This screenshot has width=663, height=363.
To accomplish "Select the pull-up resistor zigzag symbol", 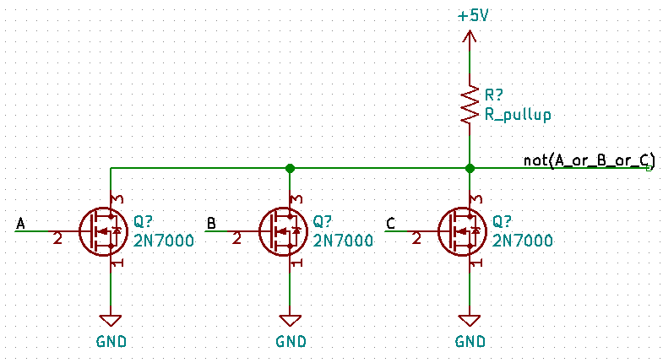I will click(470, 105).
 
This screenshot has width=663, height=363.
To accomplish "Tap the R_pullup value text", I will click(519, 114).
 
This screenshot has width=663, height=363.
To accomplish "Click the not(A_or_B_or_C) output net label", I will click(589, 160).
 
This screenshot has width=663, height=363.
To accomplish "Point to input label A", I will click(21, 223).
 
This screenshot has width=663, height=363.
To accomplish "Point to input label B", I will click(211, 223).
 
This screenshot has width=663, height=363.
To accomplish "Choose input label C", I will click(390, 223).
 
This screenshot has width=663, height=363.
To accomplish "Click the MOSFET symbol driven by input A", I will click(104, 230).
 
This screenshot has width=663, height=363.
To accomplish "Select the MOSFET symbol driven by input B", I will click(283, 230).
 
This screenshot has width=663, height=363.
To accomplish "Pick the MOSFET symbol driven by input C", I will click(463, 230).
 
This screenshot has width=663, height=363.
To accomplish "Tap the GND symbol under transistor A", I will click(111, 322).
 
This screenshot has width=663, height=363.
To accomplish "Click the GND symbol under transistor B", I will click(291, 322).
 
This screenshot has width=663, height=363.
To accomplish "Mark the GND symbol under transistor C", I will click(470, 322).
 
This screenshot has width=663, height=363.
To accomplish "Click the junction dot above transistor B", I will click(291, 168).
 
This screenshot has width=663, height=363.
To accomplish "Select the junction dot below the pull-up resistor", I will click(470, 168).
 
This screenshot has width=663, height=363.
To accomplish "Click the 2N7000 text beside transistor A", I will click(164, 241).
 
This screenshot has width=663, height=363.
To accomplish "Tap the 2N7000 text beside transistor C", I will click(523, 241).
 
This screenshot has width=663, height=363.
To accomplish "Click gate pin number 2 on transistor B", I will click(238, 239).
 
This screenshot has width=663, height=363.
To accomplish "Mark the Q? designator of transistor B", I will click(323, 222).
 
